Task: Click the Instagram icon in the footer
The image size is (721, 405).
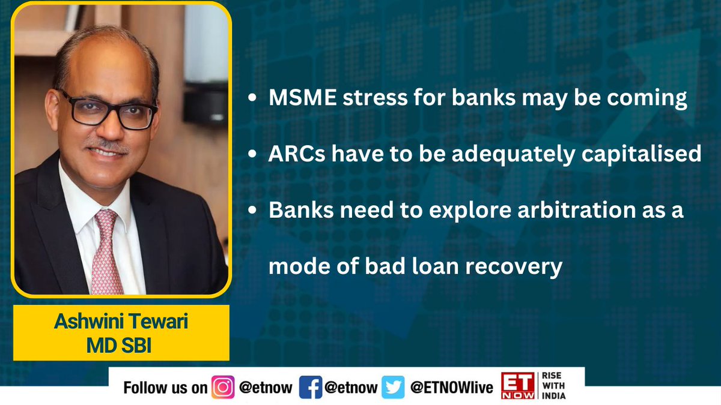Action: pyautogui.click(x=223, y=388)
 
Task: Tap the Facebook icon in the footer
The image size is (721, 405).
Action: pyautogui.click(x=309, y=388)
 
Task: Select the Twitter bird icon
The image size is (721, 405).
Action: pyautogui.click(x=395, y=388)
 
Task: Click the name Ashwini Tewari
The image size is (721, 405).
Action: pyautogui.click(x=121, y=322)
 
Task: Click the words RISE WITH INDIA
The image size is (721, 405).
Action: pyautogui.click(x=559, y=388)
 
